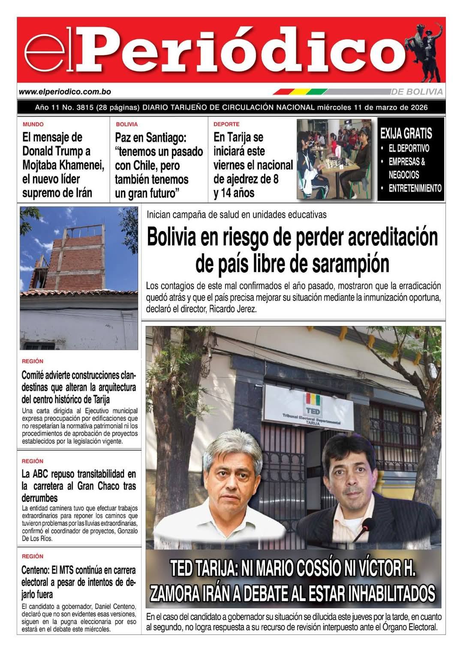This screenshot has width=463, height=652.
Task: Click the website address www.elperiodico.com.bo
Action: coord(65,92)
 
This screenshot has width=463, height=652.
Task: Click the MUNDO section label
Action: coord(33,124)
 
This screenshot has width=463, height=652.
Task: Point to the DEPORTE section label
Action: coord(226,124)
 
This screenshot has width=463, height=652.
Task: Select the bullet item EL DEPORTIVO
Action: coord(409,149)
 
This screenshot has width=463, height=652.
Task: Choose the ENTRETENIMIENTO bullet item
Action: coord(415,188)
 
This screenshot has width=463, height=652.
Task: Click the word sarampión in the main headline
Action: coord(350,264)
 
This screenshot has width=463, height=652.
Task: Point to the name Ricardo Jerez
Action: coord(233,309)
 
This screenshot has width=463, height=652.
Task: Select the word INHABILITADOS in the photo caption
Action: coord(392,594)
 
